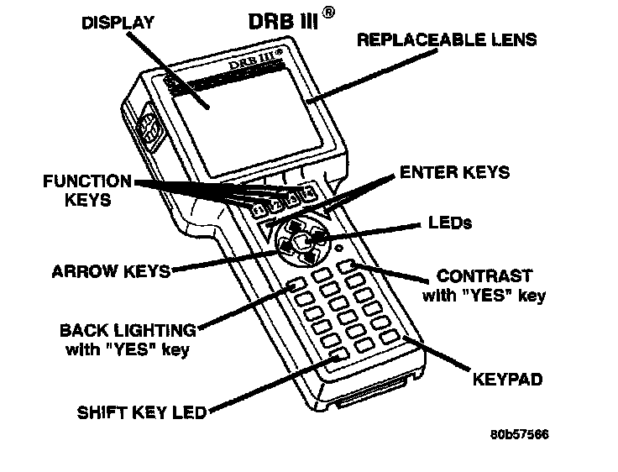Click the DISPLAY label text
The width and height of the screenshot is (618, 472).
point(118,23)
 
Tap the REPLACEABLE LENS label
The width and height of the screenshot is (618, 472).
point(447,39)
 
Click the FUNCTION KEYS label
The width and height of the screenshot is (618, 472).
point(88,191)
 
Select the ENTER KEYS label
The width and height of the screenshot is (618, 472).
point(454,172)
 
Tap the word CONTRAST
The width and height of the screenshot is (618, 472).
point(484,276)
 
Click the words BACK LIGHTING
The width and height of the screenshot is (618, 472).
point(128,330)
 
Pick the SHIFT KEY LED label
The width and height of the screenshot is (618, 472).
point(141,412)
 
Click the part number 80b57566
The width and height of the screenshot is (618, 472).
point(520,436)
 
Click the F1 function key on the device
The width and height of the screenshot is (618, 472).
point(259,207)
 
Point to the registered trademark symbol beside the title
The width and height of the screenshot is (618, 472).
point(332,13)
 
